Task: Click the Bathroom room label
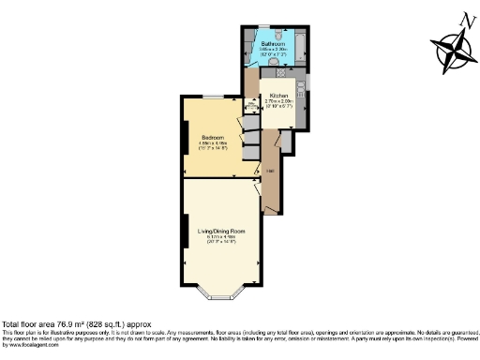(273, 44)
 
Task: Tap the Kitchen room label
(278, 97)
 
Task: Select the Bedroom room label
(212, 138)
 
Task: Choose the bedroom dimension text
(212, 145)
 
